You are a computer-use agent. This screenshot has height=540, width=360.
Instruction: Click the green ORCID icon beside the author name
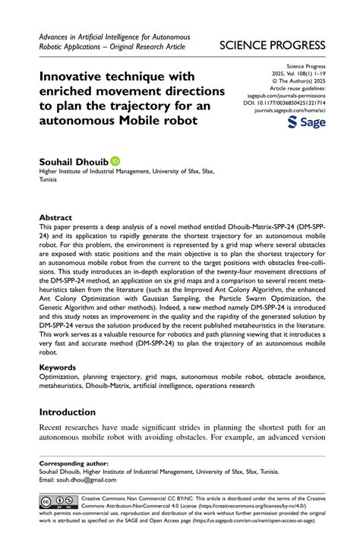tap(115, 161)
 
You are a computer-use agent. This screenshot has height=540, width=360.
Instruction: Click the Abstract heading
tap(55, 217)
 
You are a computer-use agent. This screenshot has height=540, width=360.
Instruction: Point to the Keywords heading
tap(58, 367)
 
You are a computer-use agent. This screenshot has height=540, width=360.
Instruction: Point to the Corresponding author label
tap(74, 463)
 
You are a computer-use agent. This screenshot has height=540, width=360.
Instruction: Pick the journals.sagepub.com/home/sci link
tap(289, 109)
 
